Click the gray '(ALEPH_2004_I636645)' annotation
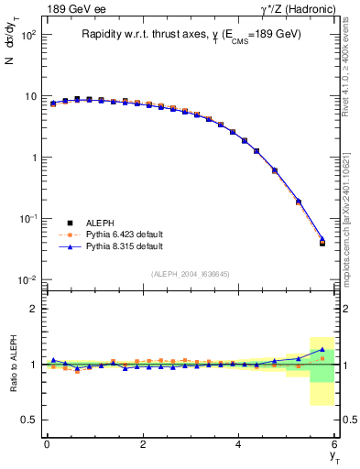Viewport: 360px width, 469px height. pyautogui.click(x=191, y=273)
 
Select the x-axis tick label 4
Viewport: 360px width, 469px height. pyautogui.click(x=239, y=444)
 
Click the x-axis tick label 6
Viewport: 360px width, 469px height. pyautogui.click(x=335, y=444)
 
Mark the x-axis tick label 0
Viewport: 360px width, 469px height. pyautogui.click(x=47, y=444)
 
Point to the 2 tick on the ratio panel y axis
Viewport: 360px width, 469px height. pyautogui.click(x=31, y=309)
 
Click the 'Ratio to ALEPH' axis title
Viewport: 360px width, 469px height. pyautogui.click(x=14, y=364)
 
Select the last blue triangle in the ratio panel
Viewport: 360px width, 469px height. pyautogui.click(x=322, y=349)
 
